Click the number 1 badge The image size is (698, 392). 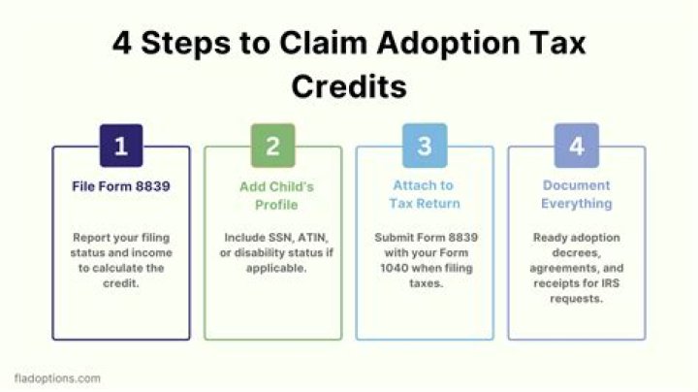[x=120, y=147]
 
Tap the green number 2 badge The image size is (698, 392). [x=272, y=147]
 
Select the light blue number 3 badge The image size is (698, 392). [x=425, y=147]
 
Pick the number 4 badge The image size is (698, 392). [x=577, y=147]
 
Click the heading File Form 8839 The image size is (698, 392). [x=120, y=185]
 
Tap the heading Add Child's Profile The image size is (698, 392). [x=272, y=194]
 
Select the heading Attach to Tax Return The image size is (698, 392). [x=425, y=194]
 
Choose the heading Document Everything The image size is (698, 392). [x=577, y=194]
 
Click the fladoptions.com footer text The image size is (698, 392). [x=57, y=377]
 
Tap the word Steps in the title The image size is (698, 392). [x=192, y=43]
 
